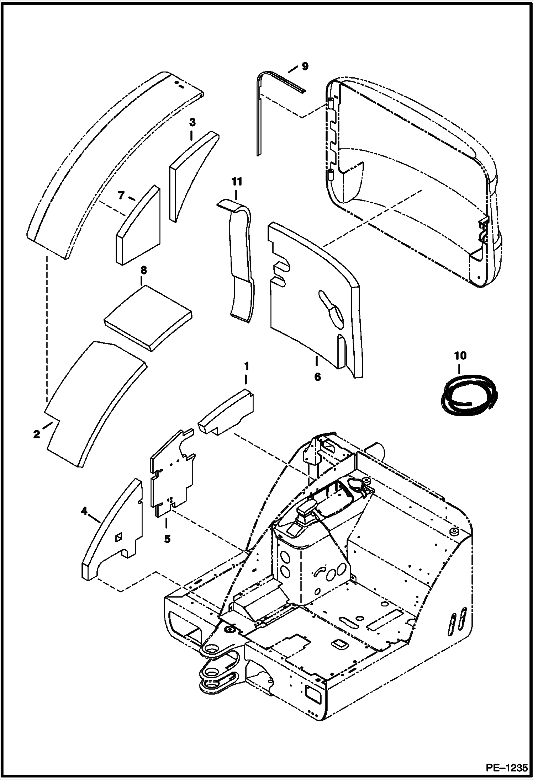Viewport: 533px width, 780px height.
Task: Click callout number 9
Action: [x=305, y=66]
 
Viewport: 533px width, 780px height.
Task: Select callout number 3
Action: [x=192, y=123]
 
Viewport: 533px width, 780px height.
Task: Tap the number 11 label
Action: [x=237, y=182]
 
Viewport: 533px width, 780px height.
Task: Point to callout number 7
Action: [x=121, y=195]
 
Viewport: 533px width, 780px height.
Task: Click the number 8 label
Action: [x=143, y=270]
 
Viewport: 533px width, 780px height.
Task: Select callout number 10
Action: [x=460, y=356]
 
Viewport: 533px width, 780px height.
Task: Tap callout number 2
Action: [x=36, y=434]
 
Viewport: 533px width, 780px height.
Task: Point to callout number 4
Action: [x=84, y=511]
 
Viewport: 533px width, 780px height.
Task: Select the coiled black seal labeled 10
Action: [x=468, y=395]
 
